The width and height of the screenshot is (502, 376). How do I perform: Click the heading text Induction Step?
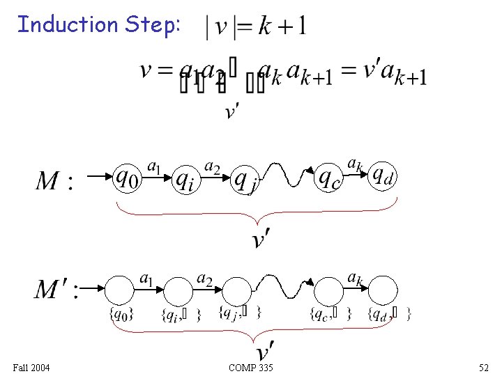99,25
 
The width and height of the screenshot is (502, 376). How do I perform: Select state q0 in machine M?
127,180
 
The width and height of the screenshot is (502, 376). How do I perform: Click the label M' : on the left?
56,288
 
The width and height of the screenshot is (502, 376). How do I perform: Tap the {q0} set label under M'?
121,314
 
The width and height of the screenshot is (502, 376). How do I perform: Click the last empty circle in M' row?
383,290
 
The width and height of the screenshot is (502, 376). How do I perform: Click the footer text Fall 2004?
31,367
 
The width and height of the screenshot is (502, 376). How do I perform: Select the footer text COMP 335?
250,367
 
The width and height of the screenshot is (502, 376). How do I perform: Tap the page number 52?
484,367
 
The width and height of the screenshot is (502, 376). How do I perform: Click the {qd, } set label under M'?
389,314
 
